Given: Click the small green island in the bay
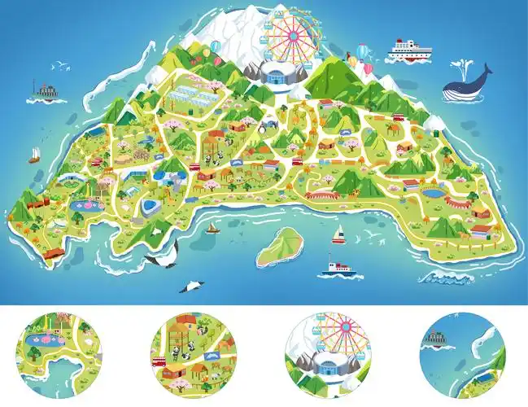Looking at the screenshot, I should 277,246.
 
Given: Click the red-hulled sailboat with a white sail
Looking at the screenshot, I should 338,236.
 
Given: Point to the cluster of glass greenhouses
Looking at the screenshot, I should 193,100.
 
